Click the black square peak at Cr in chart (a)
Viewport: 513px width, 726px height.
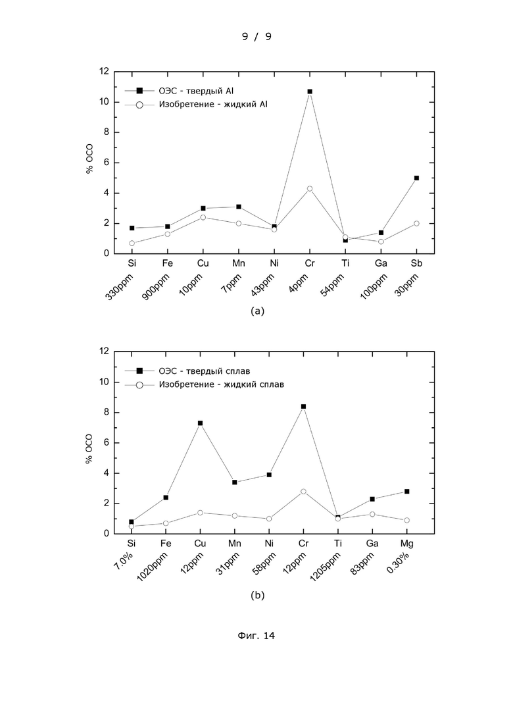click(310, 91)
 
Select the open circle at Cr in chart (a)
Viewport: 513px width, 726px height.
click(310, 188)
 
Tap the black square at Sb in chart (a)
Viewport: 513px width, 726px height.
click(416, 178)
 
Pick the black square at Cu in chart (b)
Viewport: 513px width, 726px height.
click(201, 423)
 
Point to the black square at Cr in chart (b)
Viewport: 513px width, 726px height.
click(303, 407)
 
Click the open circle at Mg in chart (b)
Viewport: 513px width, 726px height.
click(406, 521)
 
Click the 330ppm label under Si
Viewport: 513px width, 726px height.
click(119, 286)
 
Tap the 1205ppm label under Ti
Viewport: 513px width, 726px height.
click(325, 567)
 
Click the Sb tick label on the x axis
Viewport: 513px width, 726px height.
click(416, 263)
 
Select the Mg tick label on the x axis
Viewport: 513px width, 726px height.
click(406, 543)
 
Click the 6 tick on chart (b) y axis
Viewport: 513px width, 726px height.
click(107, 442)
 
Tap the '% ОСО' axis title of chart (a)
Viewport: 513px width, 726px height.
click(89, 159)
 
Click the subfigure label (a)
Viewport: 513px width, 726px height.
click(257, 311)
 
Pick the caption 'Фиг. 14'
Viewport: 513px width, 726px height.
click(256, 636)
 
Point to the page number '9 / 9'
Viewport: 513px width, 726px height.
click(256, 36)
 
